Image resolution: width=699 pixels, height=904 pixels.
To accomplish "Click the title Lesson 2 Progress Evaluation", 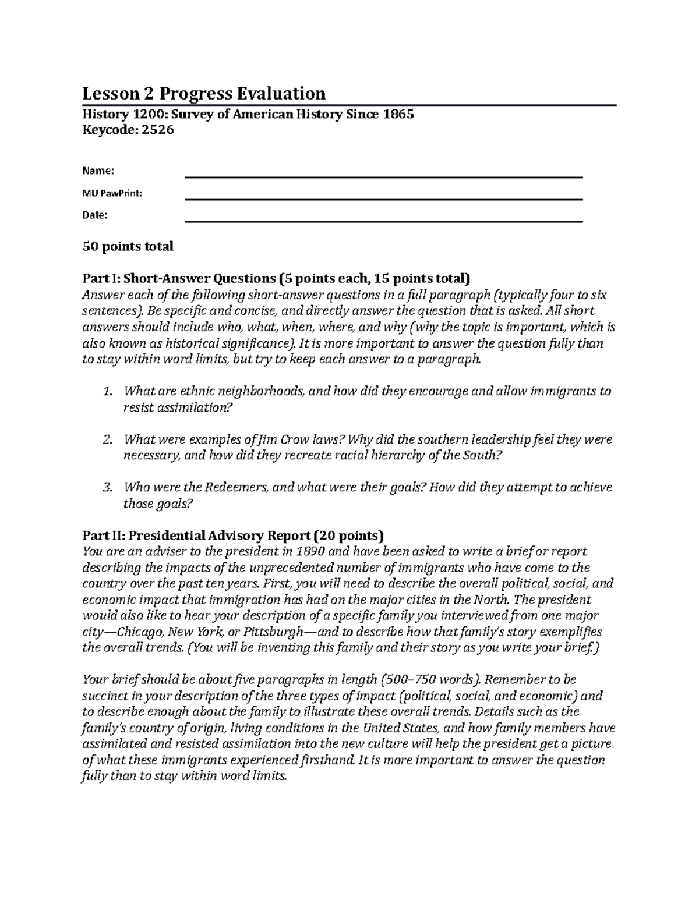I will (203, 93).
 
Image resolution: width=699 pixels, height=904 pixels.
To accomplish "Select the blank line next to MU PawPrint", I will (383, 200).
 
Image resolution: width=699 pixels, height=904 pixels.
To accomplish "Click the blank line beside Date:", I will (383, 222).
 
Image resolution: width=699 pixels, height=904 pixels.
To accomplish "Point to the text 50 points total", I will (128, 246).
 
